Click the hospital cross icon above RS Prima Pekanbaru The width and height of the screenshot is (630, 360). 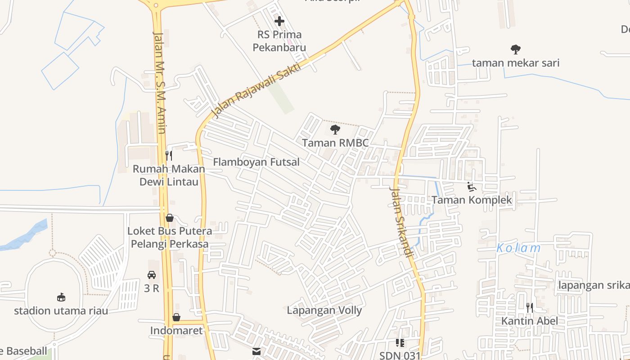click(x=279, y=21)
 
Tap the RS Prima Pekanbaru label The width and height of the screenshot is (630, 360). click(x=279, y=41)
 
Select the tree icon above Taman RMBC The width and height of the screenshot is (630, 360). click(x=335, y=130)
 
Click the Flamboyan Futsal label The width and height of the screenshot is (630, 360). click(x=256, y=162)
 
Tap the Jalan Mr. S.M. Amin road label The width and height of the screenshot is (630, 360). click(x=160, y=82)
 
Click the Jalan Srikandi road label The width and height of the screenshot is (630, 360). click(x=401, y=223)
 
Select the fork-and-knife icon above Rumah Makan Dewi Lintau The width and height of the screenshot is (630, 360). click(x=169, y=156)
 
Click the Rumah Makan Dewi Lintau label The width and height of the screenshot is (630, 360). click(x=169, y=175)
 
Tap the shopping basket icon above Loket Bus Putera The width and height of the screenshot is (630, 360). click(x=170, y=218)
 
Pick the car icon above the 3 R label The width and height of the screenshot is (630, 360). click(x=152, y=274)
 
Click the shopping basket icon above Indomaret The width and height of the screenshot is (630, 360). click(x=176, y=317)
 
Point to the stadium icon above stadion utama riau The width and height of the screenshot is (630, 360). click(x=61, y=297)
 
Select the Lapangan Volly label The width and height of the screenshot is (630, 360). click(x=324, y=310)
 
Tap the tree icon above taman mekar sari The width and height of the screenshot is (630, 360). click(x=515, y=49)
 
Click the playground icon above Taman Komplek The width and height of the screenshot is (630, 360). click(x=472, y=187)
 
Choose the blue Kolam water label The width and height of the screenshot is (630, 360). click(x=518, y=248)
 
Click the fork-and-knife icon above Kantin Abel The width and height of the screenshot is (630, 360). click(x=530, y=308)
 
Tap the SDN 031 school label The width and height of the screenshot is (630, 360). click(x=400, y=355)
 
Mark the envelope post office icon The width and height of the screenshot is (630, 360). click(x=256, y=351)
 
